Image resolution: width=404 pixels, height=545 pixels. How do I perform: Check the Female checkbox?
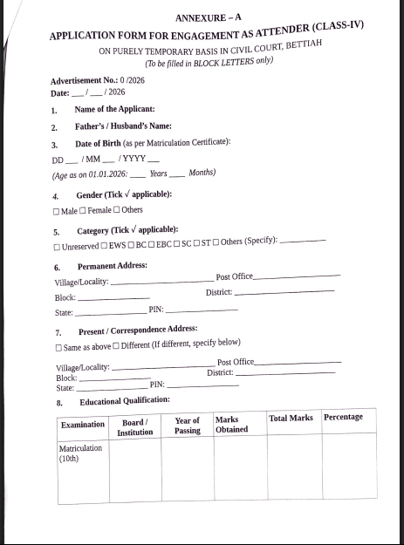[83, 211]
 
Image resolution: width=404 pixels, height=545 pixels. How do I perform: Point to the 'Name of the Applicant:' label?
[113, 109]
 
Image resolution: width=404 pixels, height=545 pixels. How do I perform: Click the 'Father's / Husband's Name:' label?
[122, 126]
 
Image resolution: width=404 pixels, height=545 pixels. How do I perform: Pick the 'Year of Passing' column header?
[187, 426]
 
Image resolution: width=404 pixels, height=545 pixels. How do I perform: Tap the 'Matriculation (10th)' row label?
[80, 453]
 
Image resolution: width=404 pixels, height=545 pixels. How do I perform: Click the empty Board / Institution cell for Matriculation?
[134, 471]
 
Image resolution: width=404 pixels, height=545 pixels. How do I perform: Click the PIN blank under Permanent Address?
[202, 310]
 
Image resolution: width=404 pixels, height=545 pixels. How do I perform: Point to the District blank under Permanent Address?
[284, 291]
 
